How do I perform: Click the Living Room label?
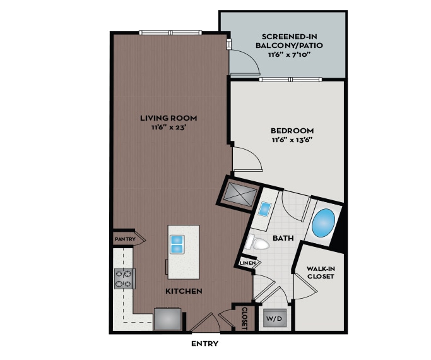click(x=168, y=117)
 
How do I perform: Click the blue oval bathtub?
click(x=324, y=223)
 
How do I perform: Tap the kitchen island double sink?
click(x=177, y=243)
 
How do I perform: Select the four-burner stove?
click(x=124, y=279)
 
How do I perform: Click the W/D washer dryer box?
click(x=273, y=318)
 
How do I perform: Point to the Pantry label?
click(x=125, y=239)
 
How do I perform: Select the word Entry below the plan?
click(x=204, y=344)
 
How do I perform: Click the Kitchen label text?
click(x=184, y=291)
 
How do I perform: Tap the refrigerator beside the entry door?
click(x=167, y=318)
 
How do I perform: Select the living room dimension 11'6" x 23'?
click(x=168, y=128)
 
